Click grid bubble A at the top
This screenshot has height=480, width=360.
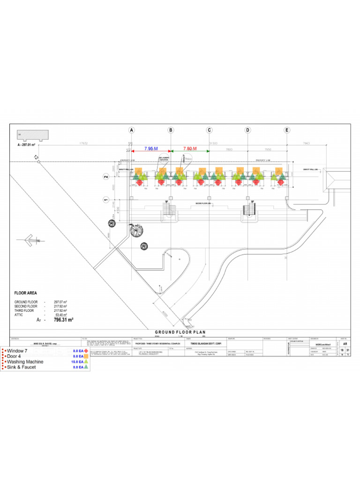click(132, 130)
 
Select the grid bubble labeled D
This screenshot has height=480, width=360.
click(247, 130)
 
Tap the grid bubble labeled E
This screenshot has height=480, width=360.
click(287, 130)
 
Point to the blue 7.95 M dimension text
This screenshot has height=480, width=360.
click(151, 148)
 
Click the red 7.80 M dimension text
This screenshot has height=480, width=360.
click(190, 148)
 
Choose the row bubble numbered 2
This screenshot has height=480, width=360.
click(106, 177)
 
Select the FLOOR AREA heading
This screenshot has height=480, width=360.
click(26, 293)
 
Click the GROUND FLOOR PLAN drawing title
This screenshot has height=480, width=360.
click(180, 332)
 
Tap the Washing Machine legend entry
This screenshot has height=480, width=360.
click(26, 362)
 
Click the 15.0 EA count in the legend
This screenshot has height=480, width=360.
click(78, 362)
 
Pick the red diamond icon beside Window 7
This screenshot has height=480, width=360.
click(86, 351)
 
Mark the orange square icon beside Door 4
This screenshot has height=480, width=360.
click(86, 356)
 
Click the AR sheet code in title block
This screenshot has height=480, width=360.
click(345, 343)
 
